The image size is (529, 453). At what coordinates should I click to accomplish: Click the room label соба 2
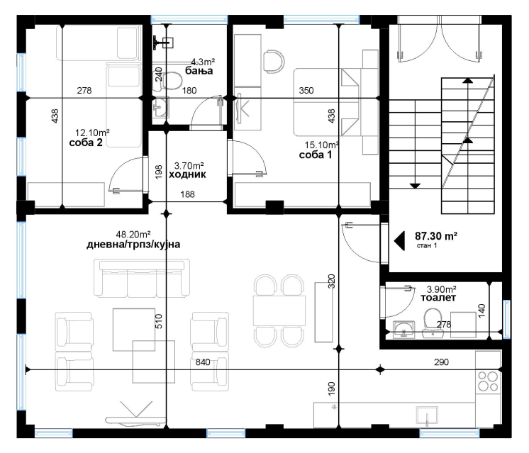click(x=86, y=142)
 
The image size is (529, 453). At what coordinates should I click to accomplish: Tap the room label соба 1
click(x=316, y=155)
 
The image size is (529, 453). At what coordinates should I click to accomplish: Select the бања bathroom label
click(x=199, y=71)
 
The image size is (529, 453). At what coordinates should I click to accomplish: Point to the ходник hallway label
click(x=187, y=174)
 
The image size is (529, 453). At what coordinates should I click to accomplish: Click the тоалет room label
click(x=438, y=298)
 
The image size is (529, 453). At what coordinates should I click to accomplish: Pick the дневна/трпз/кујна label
click(x=133, y=245)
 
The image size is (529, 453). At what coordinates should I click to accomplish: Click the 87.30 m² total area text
click(x=436, y=236)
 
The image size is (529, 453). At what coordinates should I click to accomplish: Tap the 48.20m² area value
click(x=133, y=234)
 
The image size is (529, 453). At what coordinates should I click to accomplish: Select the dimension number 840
click(x=203, y=362)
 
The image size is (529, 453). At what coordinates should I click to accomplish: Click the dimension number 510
click(x=159, y=321)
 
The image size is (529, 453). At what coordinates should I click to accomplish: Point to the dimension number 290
click(x=441, y=362)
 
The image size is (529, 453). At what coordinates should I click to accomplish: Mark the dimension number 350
click(x=306, y=91)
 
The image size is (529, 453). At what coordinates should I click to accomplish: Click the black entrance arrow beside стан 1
click(x=400, y=241)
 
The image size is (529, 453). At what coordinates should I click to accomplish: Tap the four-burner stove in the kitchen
click(x=488, y=381)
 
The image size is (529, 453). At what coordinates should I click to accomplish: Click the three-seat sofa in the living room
click(x=142, y=279)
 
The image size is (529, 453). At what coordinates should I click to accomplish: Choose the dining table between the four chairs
click(x=279, y=311)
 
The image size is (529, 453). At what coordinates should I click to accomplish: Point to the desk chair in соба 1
click(x=274, y=62)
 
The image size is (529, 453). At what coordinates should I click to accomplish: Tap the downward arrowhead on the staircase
click(x=415, y=186)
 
